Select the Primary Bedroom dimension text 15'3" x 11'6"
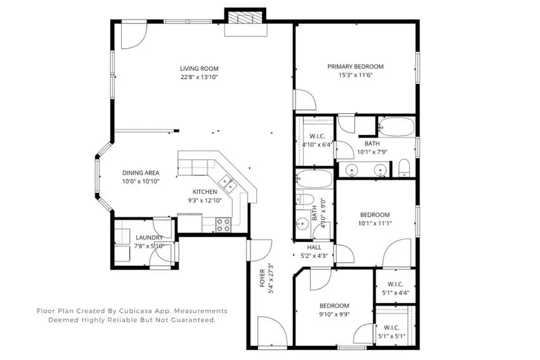pos(355,76)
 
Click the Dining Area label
pos(140,172)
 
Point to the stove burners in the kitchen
pos(223,224)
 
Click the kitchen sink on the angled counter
pos(226,179)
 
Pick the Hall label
pos(314,247)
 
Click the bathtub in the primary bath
pos(396,127)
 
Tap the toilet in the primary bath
pos(404,167)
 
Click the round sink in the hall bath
pos(302,223)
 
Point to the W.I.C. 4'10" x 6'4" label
pos(317,136)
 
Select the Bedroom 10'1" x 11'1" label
pos(374,215)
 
